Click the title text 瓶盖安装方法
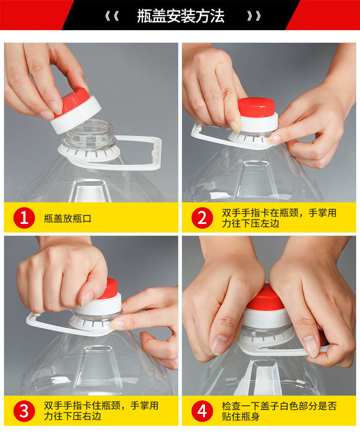point(180,16)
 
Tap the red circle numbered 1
point(24,218)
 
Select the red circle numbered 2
point(202,218)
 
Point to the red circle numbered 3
point(24,411)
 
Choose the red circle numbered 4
point(202,411)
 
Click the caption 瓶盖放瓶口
point(68,219)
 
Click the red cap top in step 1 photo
point(75,101)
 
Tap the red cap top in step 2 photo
point(256,107)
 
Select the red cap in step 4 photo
point(265,299)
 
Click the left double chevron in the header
point(112,16)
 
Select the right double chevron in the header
point(254,16)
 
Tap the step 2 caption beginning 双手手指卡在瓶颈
point(279,218)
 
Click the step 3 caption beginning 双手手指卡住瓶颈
point(101,411)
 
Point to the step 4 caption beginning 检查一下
point(279,411)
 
